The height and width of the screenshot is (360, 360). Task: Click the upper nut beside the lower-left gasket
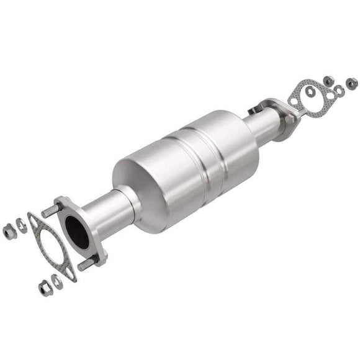pos(9,232)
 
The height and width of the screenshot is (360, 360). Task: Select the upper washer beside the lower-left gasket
pos(22,225)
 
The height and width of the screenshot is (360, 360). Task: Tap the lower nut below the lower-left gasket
pos(45,287)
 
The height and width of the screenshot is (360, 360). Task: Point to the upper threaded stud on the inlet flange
pos(50,212)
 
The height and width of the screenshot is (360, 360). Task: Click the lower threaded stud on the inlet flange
pos(85,263)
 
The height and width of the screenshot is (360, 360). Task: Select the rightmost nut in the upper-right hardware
pos(351,82)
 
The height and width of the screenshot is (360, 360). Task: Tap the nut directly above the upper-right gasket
pos(328,80)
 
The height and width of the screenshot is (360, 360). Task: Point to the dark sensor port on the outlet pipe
pos(253,111)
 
